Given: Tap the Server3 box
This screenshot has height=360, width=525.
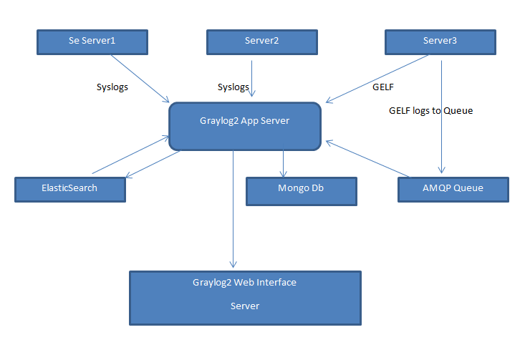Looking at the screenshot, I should [440, 42].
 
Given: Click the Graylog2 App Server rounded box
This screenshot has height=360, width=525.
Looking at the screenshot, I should [244, 127].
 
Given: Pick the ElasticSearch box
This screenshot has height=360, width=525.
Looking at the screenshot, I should [69, 188].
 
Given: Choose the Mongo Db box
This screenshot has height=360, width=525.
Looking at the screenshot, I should [301, 190].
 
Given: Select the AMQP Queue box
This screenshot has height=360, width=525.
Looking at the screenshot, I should [453, 188].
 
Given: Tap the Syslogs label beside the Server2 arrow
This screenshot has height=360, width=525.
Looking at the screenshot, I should [233, 87].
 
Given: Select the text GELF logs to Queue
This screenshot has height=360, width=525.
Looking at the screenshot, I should [430, 111].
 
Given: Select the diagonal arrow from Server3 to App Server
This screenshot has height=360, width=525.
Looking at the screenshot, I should [380, 79].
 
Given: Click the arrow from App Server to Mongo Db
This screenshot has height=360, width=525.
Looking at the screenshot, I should [284, 163].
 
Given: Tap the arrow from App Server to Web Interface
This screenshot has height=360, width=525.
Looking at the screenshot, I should [233, 208].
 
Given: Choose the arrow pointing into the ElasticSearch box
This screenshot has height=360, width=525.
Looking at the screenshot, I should [151, 165].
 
